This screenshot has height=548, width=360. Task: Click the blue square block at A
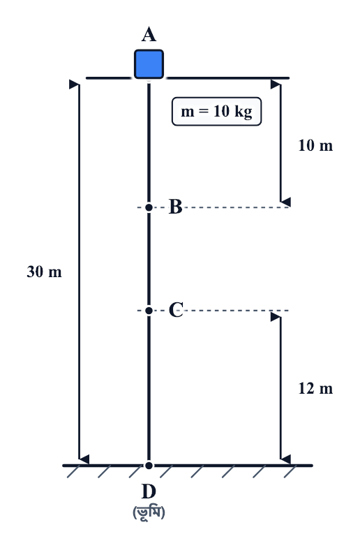[149, 64]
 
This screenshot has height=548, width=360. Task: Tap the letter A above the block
[149, 35]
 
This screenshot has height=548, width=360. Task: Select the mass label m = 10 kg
[216, 112]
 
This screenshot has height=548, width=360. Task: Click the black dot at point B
[149, 207]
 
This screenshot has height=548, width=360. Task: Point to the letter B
[176, 207]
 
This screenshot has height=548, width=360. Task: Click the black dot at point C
[149, 311]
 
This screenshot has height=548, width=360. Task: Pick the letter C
[176, 310]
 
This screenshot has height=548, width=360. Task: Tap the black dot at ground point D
[149, 465]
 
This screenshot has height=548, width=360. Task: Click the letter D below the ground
[149, 491]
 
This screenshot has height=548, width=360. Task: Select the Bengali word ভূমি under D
[149, 512]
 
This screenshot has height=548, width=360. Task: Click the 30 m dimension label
[44, 272]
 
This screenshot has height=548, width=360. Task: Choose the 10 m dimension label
[315, 145]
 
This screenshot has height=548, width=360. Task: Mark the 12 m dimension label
[315, 389]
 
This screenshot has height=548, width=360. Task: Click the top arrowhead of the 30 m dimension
[74, 84]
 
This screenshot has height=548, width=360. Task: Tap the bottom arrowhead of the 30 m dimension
[84, 459]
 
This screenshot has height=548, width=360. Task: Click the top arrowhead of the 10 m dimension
[276, 84]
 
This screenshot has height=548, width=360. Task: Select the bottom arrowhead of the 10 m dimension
[285, 202]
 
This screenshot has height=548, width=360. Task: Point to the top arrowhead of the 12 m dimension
[276, 317]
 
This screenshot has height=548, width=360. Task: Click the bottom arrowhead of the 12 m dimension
[285, 459]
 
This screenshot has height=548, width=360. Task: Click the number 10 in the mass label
[221, 111]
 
